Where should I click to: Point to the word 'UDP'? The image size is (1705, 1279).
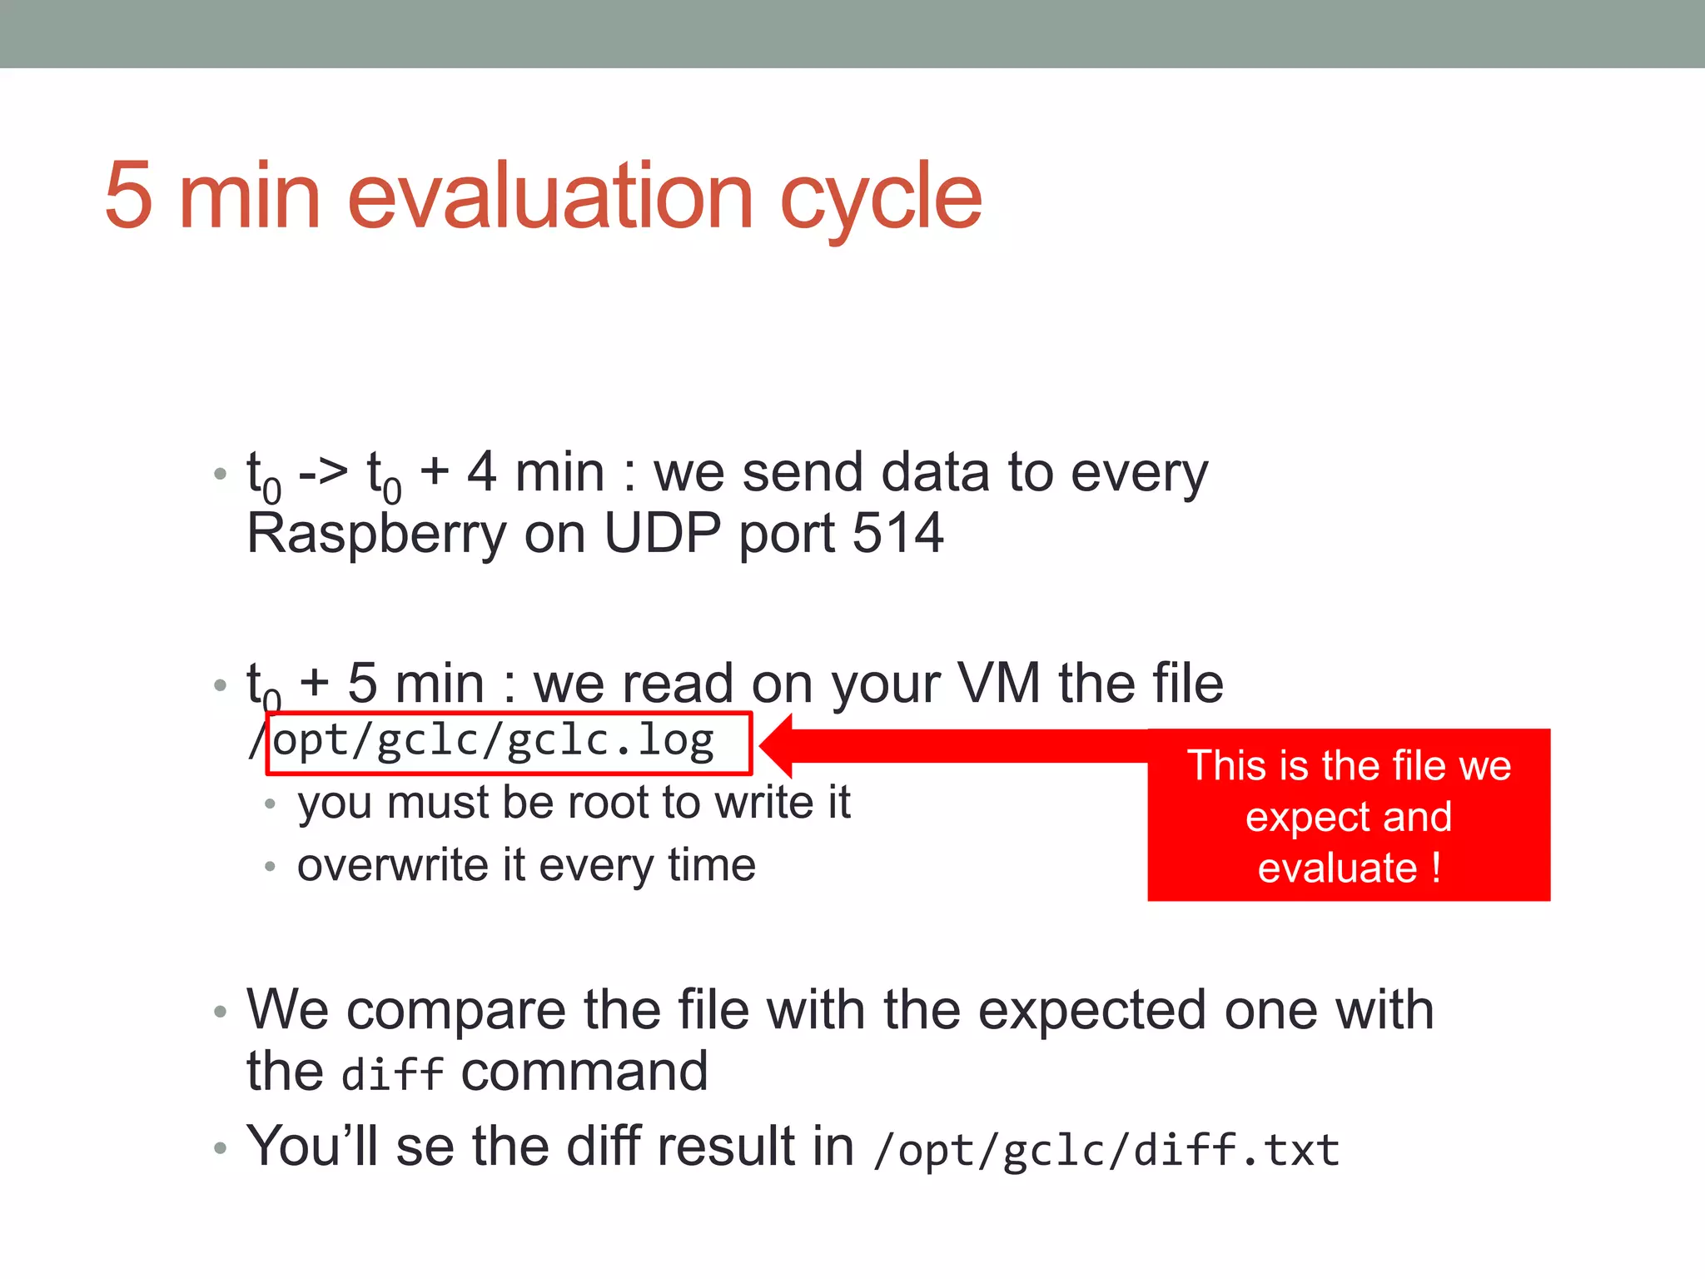tap(662, 533)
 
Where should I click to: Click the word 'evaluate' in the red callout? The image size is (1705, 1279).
tap(1337, 868)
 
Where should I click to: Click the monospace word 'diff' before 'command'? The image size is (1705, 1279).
tap(392, 1073)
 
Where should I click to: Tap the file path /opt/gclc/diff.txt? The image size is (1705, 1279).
tap(1106, 1150)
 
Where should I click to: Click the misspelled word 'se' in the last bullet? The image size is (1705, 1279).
tap(425, 1147)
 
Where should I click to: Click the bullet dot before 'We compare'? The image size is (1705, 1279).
tap(220, 1012)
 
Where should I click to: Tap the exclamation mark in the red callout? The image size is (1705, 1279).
tap(1437, 868)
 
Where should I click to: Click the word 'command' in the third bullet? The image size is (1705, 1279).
tap(584, 1072)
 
